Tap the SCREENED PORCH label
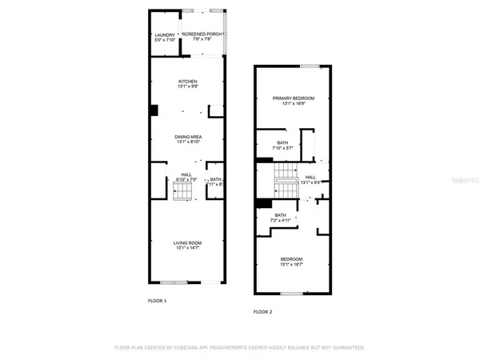pyautogui.click(x=202, y=35)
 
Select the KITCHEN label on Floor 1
pyautogui.click(x=188, y=82)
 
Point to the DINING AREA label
pyautogui.click(x=188, y=137)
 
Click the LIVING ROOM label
pyautogui.click(x=188, y=242)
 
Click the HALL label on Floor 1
pyautogui.click(x=186, y=174)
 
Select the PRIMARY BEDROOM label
pyautogui.click(x=294, y=98)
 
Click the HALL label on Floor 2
pyautogui.click(x=310, y=177)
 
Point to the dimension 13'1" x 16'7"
pyautogui.click(x=291, y=265)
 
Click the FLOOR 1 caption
pyautogui.click(x=158, y=301)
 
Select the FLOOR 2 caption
pyautogui.click(x=263, y=311)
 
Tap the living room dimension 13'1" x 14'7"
pyautogui.click(x=188, y=248)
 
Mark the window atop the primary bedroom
pyautogui.click(x=309, y=66)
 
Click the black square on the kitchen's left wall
pyautogui.click(x=154, y=112)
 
